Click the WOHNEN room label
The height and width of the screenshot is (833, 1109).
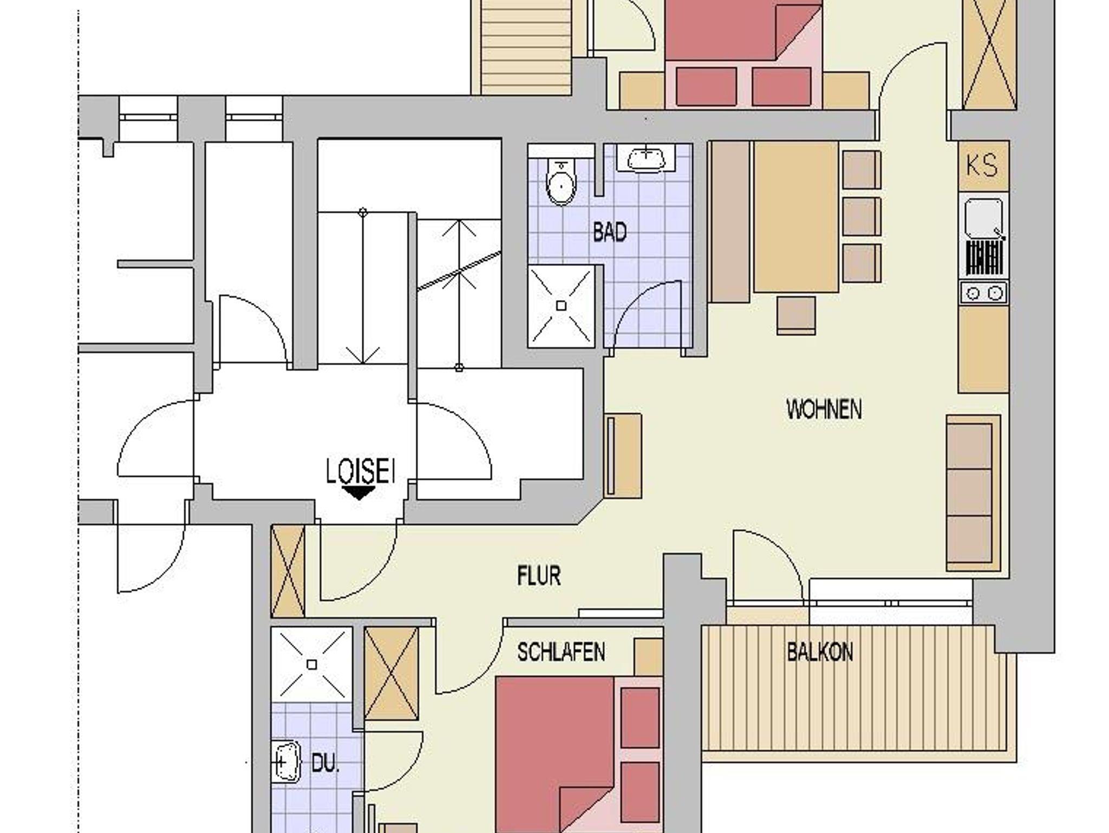click(824, 409)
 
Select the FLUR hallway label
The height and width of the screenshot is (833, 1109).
click(539, 576)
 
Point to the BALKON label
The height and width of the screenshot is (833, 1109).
click(820, 652)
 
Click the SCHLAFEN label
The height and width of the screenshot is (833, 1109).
click(561, 652)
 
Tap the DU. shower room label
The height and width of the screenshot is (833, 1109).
click(325, 764)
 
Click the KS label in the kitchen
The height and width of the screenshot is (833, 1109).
click(982, 166)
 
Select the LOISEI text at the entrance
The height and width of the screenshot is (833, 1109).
click(360, 471)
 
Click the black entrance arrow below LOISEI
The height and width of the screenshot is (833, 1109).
click(359, 493)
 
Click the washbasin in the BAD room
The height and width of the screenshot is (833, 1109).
click(647, 159)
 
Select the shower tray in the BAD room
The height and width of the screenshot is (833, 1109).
click(561, 306)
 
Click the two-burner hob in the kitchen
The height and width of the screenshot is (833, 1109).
click(984, 293)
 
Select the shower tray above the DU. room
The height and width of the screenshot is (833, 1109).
click(311, 664)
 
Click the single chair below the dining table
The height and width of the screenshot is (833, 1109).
click(796, 315)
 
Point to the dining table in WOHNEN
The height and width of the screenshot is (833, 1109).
click(796, 217)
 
